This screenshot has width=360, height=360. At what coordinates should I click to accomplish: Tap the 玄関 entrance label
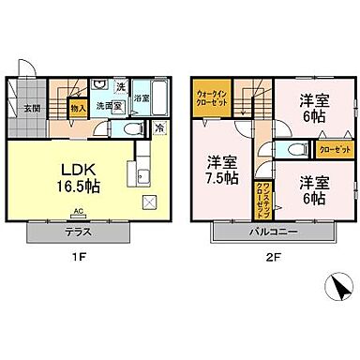click(31, 108)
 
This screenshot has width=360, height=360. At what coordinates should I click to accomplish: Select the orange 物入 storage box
click(79, 108)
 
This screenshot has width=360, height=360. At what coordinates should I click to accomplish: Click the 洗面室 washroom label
click(112, 106)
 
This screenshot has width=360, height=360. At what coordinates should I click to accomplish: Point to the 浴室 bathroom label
click(142, 97)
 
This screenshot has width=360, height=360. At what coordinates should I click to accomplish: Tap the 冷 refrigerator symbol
click(158, 128)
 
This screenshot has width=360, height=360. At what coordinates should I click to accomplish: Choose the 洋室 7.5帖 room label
click(222, 167)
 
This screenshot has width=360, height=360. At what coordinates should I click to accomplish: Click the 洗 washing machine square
click(119, 87)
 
